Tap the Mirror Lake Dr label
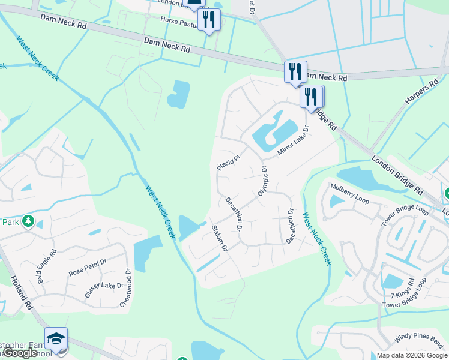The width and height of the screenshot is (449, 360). point(293,142)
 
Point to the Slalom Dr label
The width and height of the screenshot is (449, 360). point(220,238)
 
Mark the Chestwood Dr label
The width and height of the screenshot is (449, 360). point(125,287)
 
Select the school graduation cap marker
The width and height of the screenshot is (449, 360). point(56,338)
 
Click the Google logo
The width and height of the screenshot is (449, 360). point(21,353)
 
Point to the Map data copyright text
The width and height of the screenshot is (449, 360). point(411,355)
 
